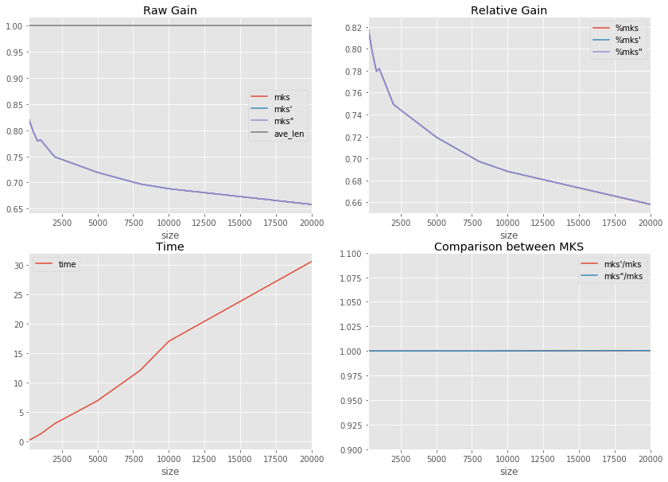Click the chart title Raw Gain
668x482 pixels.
pos(169,10)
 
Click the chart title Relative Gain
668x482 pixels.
pos(509,10)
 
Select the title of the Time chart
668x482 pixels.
pos(169,247)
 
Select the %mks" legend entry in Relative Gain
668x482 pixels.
pos(628,52)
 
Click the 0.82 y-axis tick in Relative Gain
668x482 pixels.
pos(352,28)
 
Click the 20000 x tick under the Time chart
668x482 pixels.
pos(312,457)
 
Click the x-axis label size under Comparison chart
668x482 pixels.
pos(509,471)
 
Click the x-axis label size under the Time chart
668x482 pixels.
pos(169,471)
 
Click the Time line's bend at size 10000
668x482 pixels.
pos(169,341)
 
